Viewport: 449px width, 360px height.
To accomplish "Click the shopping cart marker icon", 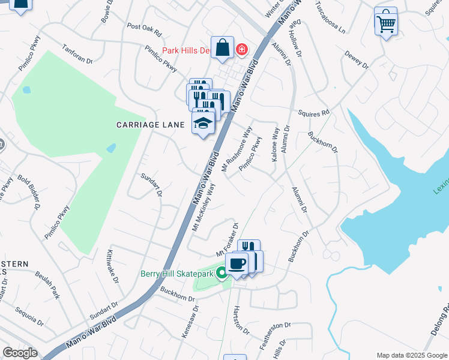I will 385,23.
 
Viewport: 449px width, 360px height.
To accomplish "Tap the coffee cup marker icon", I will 237,263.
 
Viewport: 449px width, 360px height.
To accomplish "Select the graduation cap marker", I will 203,124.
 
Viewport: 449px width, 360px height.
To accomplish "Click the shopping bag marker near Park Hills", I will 222,47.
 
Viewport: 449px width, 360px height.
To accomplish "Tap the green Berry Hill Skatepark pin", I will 221,274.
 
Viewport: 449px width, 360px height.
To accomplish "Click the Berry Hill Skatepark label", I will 176,274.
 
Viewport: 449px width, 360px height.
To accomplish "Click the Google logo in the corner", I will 20,353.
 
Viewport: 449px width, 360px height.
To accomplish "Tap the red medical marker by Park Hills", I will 241,49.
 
